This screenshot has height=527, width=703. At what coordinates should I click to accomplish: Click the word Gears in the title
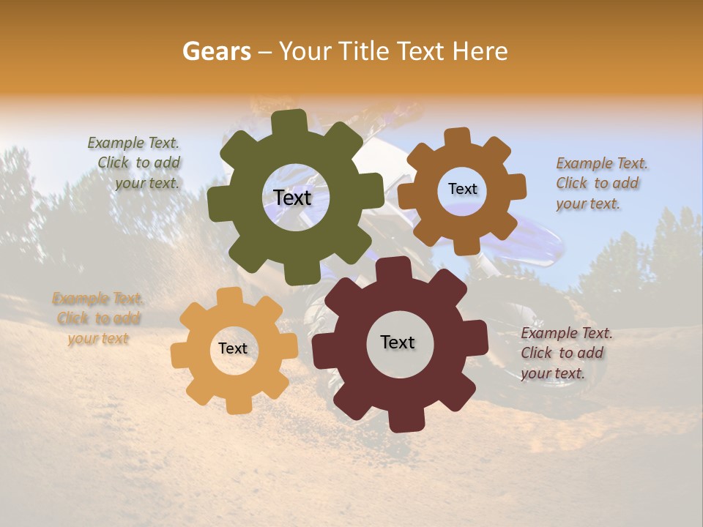coord(216,51)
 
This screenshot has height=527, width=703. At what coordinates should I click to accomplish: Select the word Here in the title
coord(480,51)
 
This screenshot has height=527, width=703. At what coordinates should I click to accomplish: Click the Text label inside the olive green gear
coord(292,198)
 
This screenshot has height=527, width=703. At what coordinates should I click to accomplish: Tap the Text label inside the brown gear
coord(462,189)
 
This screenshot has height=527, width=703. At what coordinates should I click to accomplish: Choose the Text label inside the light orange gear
coord(233,348)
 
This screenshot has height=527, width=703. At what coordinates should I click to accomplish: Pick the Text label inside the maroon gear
coord(398,342)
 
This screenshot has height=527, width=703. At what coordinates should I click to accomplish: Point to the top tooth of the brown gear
coord(457,137)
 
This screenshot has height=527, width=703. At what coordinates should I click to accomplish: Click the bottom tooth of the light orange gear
coord(236,404)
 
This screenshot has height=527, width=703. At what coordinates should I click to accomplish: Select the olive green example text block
coord(135,163)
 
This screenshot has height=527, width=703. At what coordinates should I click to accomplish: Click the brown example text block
coord(600,183)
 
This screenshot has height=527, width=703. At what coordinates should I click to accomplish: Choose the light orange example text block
coord(98,318)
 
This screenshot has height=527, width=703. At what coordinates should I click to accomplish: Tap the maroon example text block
coord(565,353)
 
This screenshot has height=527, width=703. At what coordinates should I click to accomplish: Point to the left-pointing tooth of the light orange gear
coord(180,355)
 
